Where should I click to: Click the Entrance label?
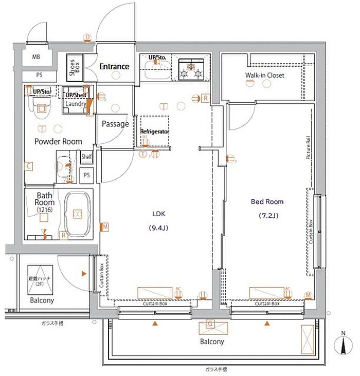tap(114, 66)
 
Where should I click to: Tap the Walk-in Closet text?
tap(264, 76)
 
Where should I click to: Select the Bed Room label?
tap(267, 202)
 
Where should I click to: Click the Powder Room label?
tap(58, 141)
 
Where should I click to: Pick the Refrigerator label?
tap(155, 132)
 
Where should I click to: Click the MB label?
tap(37, 57)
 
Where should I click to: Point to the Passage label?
tap(115, 124)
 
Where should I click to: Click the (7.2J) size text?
tap(267, 216)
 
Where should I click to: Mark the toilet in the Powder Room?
tap(40, 107)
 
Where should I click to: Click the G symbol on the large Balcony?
tap(210, 324)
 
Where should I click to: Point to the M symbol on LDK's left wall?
tap(104, 227)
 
